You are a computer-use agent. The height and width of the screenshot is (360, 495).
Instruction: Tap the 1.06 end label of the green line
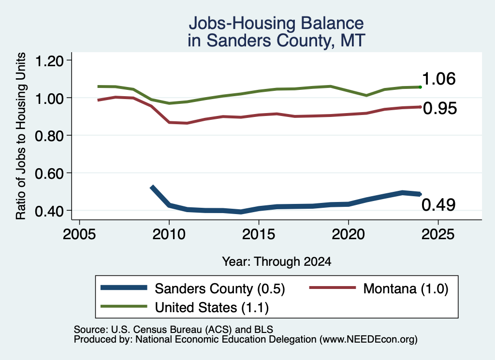438,79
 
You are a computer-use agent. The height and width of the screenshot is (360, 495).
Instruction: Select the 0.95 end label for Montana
440,108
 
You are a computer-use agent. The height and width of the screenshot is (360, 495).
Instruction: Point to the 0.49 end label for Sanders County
438,205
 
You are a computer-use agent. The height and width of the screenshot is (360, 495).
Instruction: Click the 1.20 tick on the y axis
49,61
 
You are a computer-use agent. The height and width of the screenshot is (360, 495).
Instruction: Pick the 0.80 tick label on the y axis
49,136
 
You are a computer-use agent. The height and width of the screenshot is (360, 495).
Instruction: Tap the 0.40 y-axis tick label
49,211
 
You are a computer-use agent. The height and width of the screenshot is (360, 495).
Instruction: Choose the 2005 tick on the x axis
80,234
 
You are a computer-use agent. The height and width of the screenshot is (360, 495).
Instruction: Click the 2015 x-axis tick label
259,234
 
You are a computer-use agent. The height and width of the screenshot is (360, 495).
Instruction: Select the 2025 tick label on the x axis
438,234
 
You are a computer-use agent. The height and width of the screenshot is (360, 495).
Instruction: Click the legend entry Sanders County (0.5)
220,288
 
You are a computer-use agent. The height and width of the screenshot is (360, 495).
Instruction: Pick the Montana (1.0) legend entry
406,288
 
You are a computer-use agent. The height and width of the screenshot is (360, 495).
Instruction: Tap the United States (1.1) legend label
212,308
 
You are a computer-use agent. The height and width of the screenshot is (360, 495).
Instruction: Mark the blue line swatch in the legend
124,288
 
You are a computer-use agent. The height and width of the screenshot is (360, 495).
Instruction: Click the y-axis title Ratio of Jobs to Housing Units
20,136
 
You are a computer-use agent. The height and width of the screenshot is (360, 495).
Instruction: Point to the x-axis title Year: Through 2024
277,261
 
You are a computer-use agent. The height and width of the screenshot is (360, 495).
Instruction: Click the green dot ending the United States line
420,87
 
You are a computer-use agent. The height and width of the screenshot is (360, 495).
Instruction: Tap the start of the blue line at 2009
152,187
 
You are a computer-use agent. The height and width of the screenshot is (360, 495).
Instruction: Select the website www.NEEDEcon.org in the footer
368,339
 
